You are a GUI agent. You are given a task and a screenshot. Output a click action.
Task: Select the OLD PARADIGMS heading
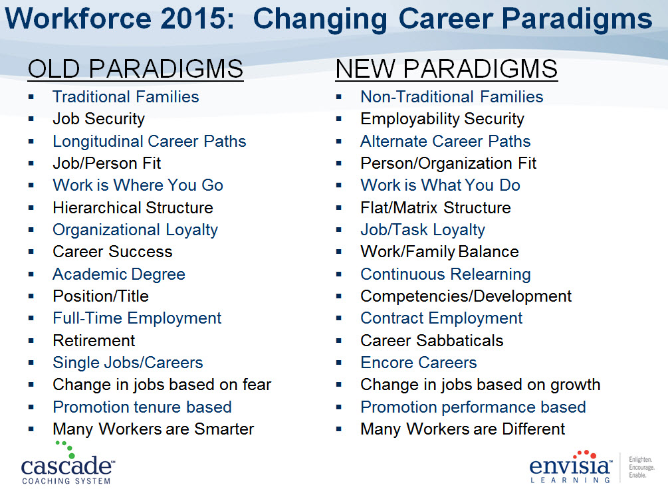(136, 69)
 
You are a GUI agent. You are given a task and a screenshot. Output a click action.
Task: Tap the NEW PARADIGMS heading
(447, 69)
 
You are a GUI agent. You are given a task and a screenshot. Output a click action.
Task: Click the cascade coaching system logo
(68, 463)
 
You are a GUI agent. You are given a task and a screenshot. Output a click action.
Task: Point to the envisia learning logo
(571, 466)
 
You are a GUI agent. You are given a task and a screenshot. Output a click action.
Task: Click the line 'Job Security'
(99, 119)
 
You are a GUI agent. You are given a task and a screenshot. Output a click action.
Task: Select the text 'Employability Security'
(442, 119)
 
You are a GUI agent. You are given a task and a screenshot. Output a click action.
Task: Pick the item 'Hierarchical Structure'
(133, 208)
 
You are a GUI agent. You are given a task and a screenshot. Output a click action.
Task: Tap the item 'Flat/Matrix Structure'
(435, 208)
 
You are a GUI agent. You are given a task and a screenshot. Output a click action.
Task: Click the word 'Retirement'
(94, 341)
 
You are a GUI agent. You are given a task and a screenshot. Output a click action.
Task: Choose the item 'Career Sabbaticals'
(431, 341)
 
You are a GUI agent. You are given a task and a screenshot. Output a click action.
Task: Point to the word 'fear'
(257, 385)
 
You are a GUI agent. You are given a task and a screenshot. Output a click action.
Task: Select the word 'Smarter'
(224, 429)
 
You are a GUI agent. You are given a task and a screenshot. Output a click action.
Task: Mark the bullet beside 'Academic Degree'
(31, 274)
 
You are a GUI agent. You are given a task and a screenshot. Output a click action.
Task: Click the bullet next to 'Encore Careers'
(339, 363)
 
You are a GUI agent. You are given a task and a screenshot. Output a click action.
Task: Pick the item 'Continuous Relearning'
(445, 274)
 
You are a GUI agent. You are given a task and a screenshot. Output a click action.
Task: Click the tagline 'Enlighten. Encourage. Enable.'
(641, 467)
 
